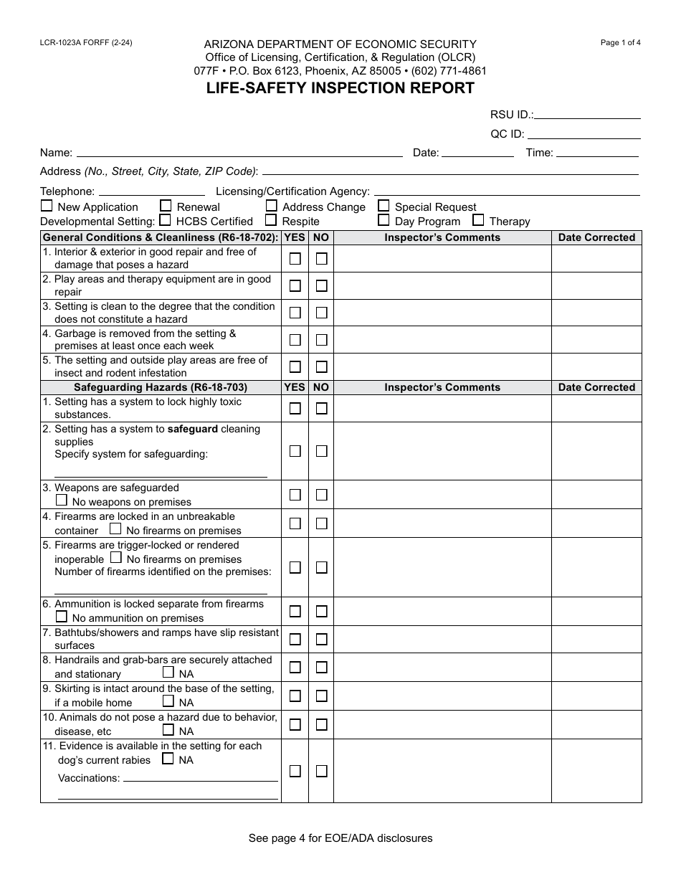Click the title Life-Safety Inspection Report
point(340,88)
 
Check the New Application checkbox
point(47,206)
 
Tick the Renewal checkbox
point(166,206)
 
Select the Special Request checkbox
point(384,206)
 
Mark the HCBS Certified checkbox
point(165,220)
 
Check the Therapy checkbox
point(478,220)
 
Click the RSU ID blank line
point(588,113)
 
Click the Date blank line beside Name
point(477,152)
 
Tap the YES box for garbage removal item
point(295,340)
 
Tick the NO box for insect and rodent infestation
point(322,367)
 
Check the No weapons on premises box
point(62,501)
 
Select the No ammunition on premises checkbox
point(62,617)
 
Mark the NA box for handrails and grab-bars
point(168,673)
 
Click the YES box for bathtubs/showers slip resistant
point(295,639)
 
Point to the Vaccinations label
point(88,778)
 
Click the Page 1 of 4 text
point(620,42)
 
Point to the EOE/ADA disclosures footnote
point(340,838)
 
